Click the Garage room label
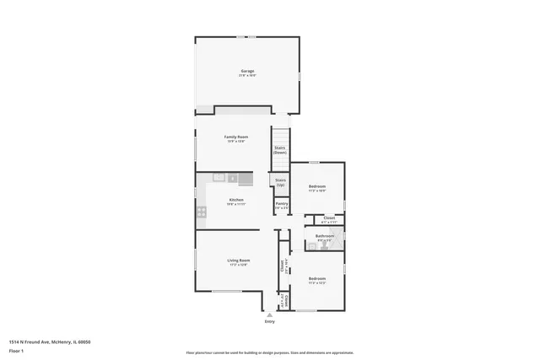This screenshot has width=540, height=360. [x=247, y=71]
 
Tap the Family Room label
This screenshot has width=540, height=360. [x=235, y=137]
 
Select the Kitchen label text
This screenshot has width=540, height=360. [x=235, y=200]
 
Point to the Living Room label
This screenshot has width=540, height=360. [x=238, y=261]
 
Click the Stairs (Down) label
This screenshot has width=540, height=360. [x=279, y=150]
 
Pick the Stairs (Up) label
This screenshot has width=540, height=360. [x=280, y=182]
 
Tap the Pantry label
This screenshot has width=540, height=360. [x=282, y=203]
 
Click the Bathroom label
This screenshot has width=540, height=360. [x=325, y=236]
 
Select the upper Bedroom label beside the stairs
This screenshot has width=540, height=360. [x=316, y=185]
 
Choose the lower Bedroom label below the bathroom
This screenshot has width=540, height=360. [x=316, y=278]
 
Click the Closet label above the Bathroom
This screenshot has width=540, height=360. [x=329, y=218]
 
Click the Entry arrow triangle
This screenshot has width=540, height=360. [x=270, y=314]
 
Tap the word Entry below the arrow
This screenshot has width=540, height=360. [x=270, y=322]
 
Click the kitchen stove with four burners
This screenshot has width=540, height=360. [x=202, y=212]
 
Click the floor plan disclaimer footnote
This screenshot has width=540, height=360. [x=270, y=352]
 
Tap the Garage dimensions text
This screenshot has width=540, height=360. [x=247, y=76]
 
